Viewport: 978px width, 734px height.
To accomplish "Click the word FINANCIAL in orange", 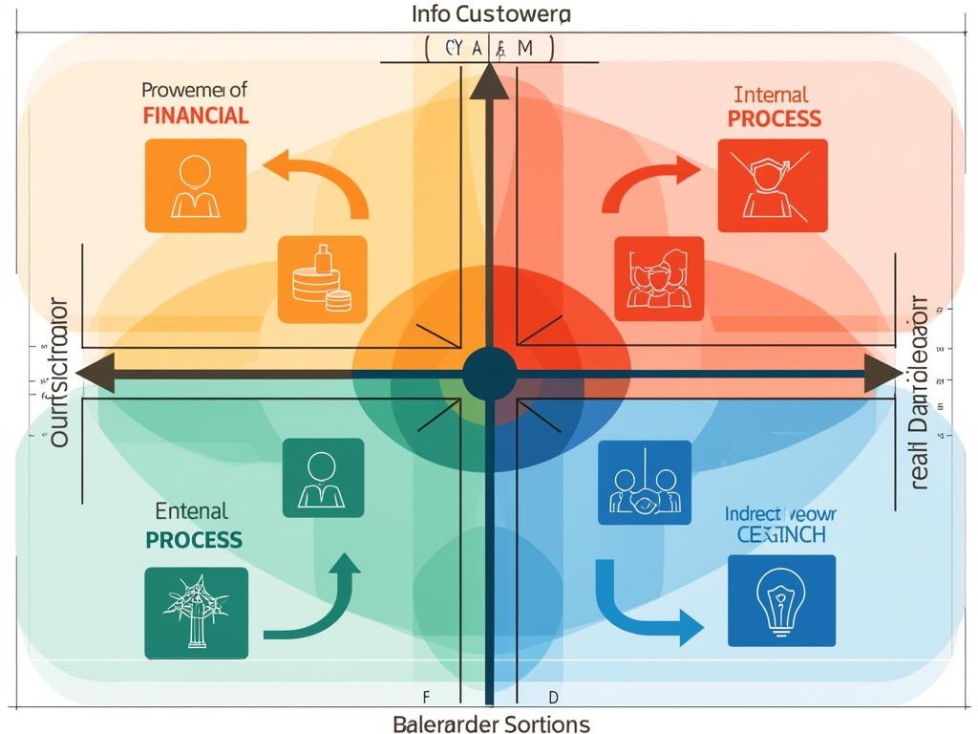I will [x=196, y=116].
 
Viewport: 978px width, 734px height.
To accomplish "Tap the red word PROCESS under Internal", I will [x=774, y=119].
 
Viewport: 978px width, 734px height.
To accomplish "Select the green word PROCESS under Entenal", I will [x=193, y=539].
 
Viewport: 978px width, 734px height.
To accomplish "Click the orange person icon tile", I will [x=195, y=185].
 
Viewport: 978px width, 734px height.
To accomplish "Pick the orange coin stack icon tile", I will [x=323, y=279].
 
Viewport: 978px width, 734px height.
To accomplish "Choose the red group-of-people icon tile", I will [x=659, y=279].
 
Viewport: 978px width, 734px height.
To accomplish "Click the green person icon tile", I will [x=323, y=478].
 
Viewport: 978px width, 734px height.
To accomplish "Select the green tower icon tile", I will [x=197, y=613].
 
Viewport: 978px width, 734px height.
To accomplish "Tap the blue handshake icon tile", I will [x=645, y=483].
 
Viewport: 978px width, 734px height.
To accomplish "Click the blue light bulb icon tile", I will [x=781, y=600].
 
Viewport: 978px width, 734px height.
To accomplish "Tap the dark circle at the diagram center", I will [x=490, y=374].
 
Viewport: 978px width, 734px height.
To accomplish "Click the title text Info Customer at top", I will [x=491, y=14].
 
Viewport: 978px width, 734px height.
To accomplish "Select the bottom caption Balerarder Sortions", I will [x=491, y=723].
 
